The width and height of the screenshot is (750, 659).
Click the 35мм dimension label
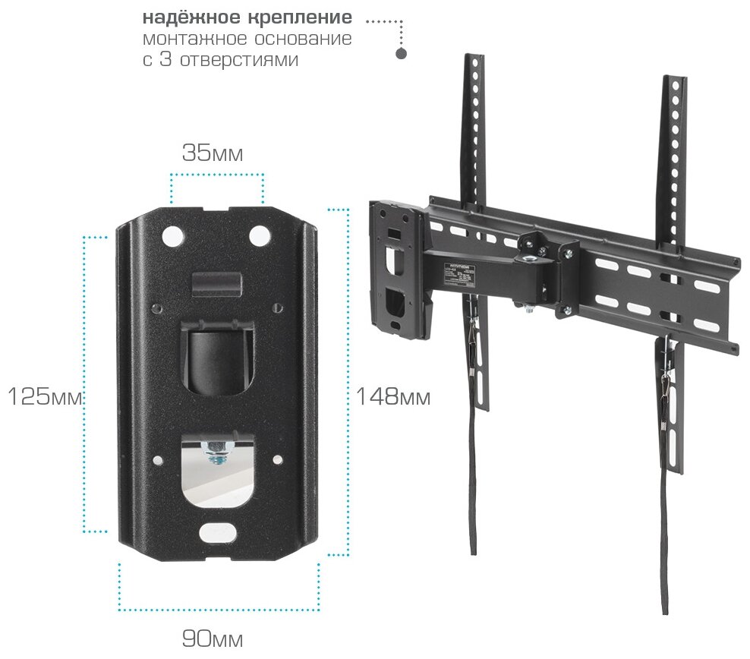[213, 153]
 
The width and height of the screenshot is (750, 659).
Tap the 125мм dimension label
[44, 396]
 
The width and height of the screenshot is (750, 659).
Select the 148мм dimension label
[393, 396]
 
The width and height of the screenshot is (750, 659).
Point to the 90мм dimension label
[213, 639]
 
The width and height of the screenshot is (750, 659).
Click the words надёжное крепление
[247, 17]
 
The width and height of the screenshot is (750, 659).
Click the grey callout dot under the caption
[402, 54]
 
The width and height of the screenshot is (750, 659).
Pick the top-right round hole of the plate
[259, 234]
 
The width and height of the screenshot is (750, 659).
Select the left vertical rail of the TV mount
[476, 137]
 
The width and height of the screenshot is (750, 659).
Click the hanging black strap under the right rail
[666, 531]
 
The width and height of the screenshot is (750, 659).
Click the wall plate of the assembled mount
[396, 266]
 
